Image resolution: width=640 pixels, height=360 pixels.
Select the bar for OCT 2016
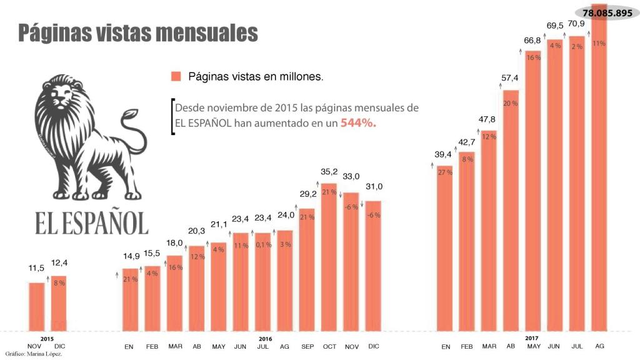coord(329,256)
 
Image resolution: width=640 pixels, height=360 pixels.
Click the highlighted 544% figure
coord(358,123)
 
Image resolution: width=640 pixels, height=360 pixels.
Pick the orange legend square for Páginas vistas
coord(176,76)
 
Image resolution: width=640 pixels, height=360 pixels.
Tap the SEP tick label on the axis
coord(307,346)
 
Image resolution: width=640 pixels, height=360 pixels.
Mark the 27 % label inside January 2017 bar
coord(445,172)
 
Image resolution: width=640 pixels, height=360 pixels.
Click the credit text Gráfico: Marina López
coord(34,354)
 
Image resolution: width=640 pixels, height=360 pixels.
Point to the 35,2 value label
coord(329,171)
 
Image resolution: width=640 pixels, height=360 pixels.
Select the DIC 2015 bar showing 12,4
coord(59,303)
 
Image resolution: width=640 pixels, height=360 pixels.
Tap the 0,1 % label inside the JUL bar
coord(263,245)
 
